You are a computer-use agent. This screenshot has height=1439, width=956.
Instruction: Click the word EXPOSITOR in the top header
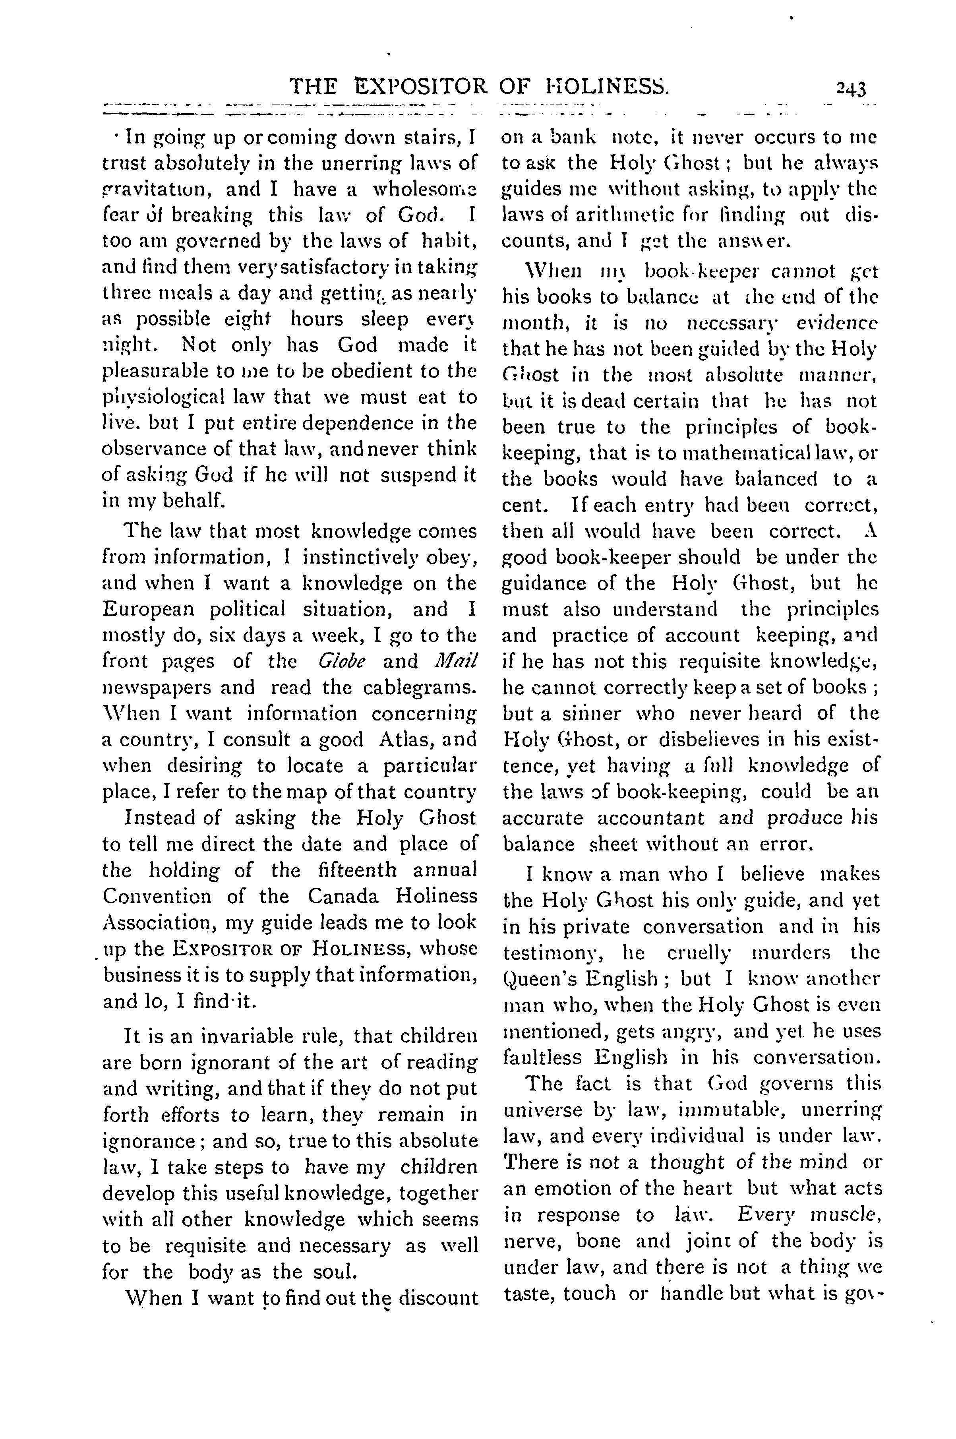click(x=421, y=88)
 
